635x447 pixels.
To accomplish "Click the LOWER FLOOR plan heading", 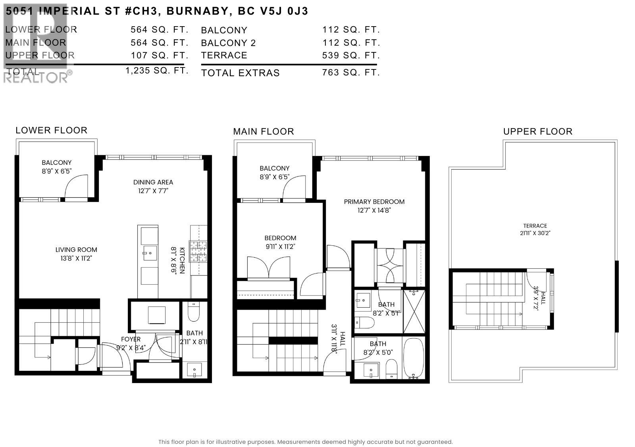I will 51,130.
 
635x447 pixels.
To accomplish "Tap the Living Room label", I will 76,250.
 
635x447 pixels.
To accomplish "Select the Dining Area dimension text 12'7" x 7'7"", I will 153,191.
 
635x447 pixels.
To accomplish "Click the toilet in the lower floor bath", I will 194,312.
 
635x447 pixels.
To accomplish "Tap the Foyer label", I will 131,339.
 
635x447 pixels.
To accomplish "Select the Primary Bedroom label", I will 374,202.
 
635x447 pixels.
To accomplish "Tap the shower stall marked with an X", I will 414,312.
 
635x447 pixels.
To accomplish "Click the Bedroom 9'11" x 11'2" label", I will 280,242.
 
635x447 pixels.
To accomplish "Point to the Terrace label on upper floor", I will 535,225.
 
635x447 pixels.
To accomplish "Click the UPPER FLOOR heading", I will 537,131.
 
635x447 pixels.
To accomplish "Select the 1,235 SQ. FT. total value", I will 156,71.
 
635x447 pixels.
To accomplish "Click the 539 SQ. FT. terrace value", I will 351,55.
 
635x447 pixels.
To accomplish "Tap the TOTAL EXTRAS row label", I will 240,73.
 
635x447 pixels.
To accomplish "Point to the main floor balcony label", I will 274,168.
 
